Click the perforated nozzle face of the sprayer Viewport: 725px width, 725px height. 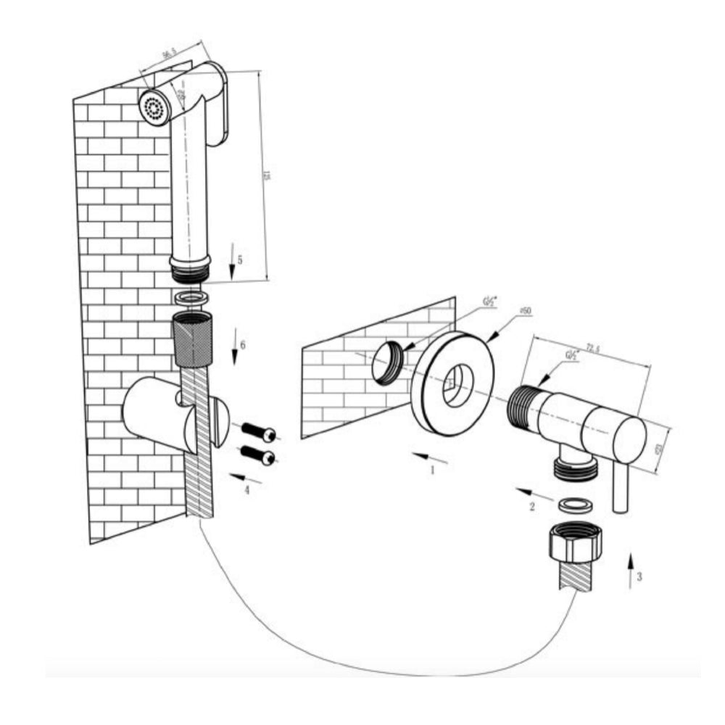click(154, 109)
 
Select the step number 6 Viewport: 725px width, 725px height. click(243, 345)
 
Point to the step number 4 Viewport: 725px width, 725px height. click(246, 490)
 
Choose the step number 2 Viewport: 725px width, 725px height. click(531, 507)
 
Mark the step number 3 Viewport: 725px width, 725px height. click(638, 577)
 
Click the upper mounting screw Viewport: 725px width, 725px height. click(258, 432)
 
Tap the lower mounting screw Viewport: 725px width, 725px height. click(257, 455)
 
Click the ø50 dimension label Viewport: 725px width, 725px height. click(523, 311)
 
